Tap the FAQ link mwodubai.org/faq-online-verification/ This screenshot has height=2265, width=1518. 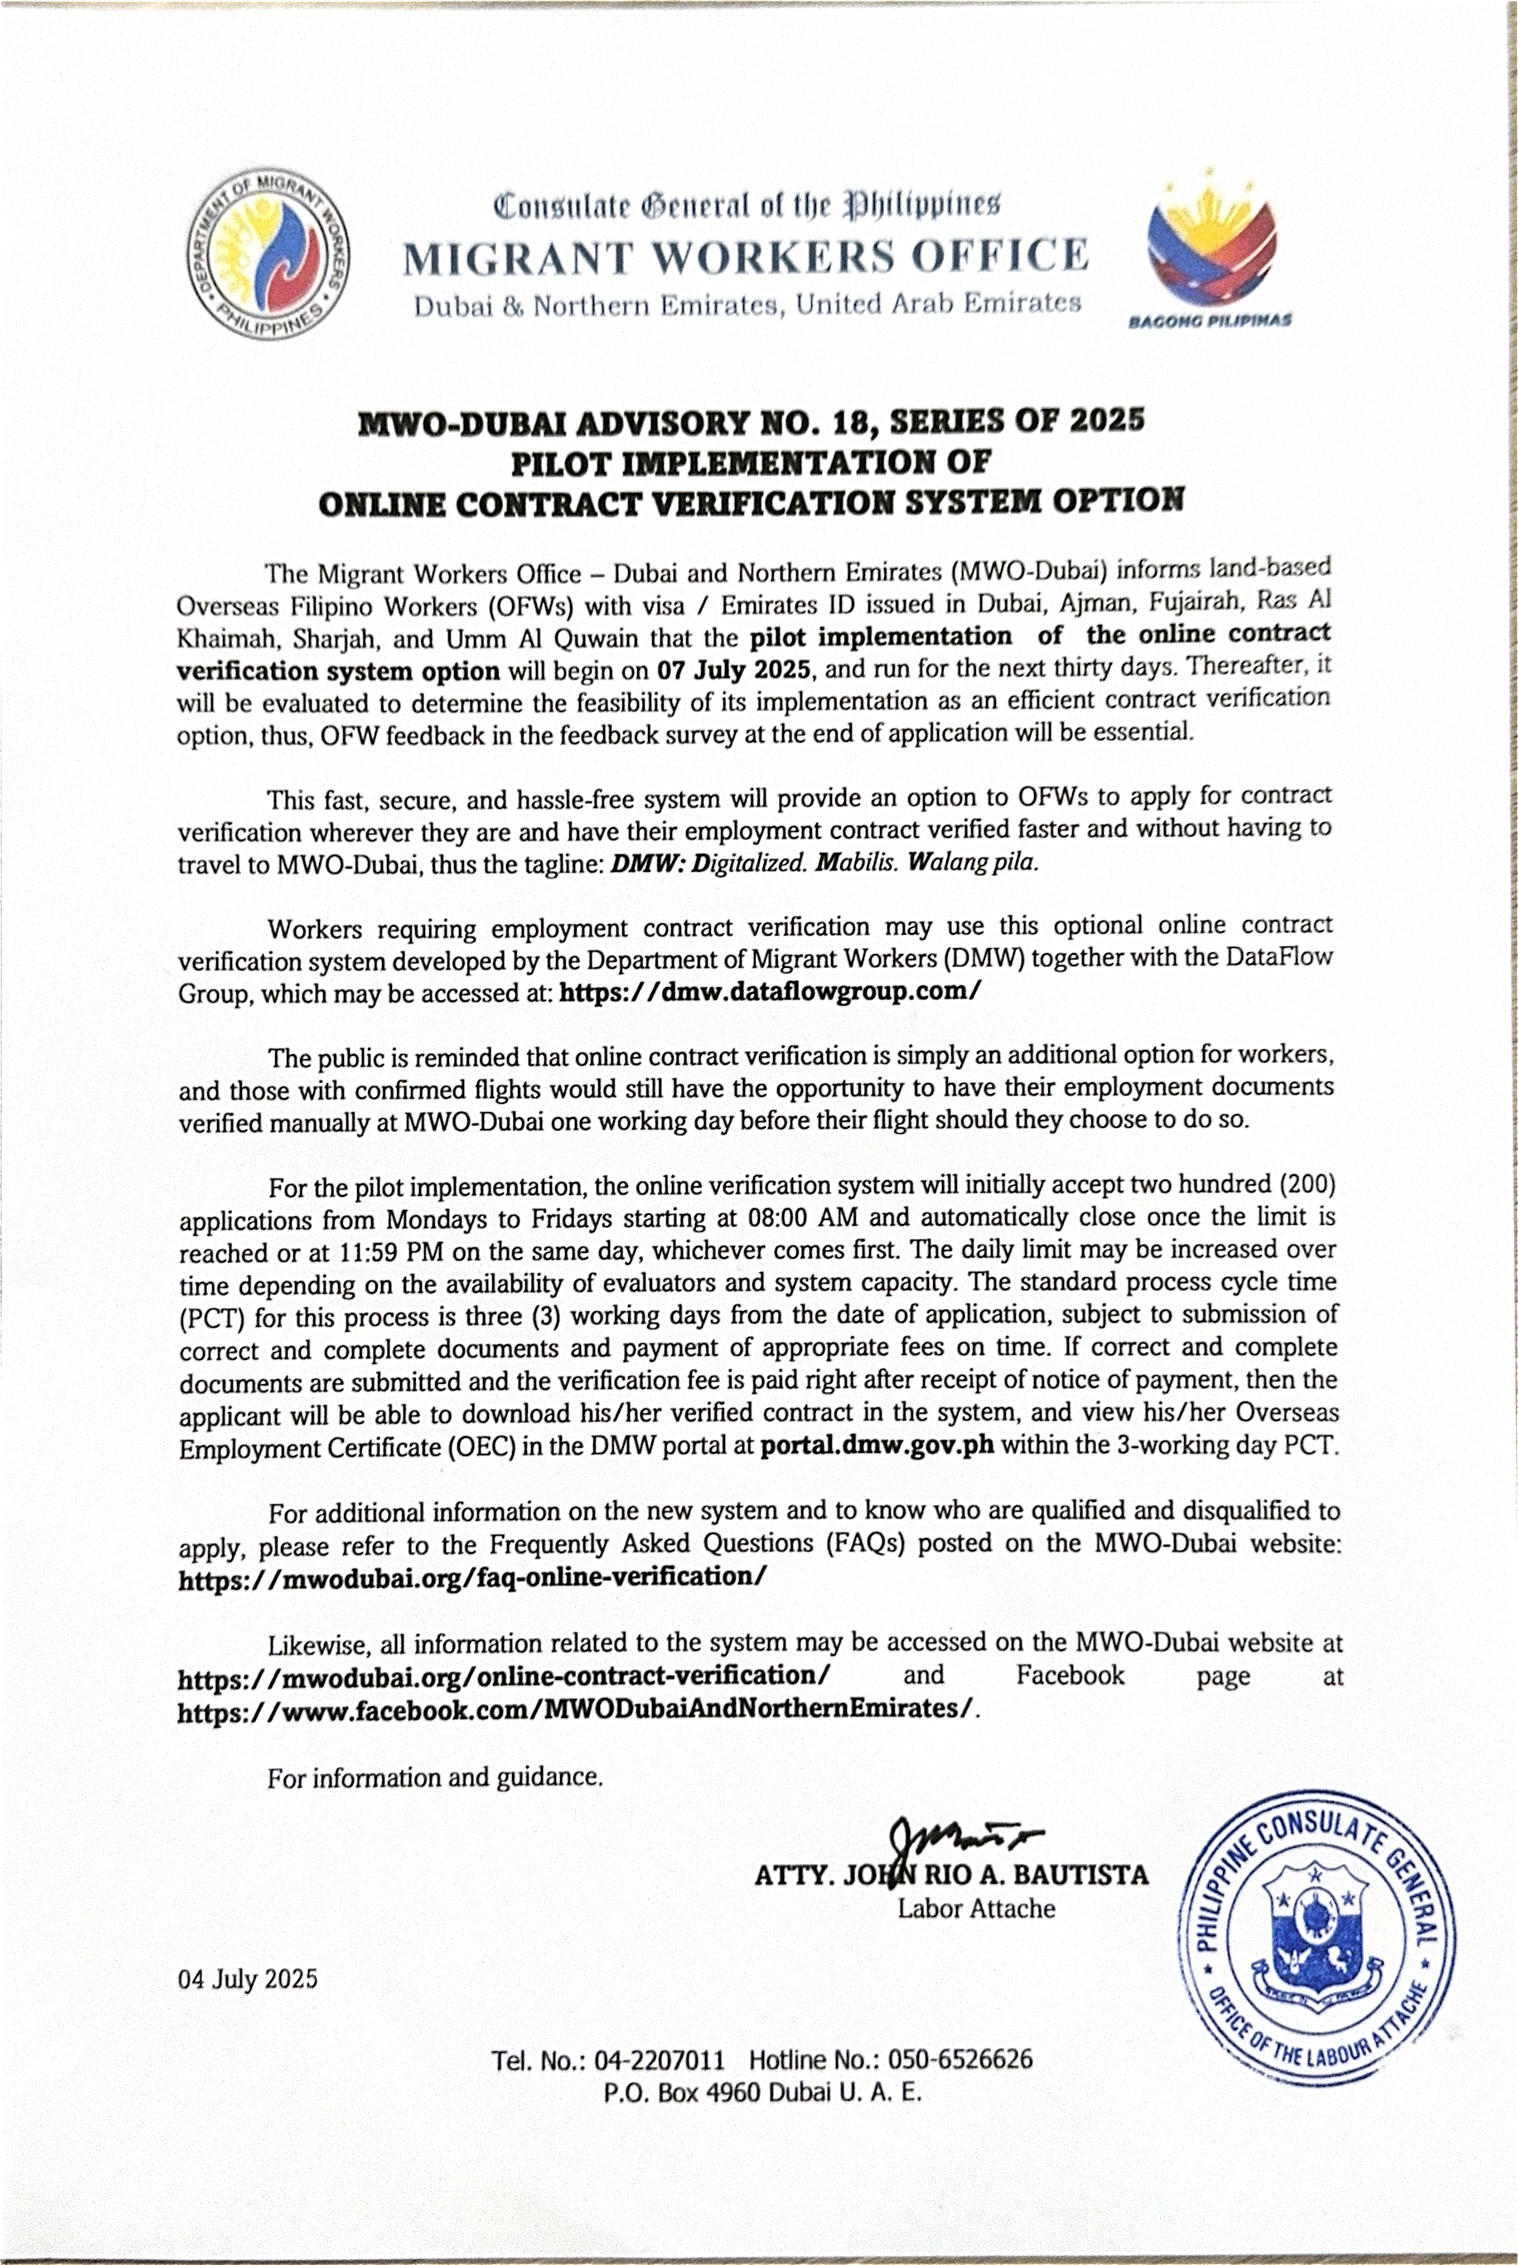click(x=472, y=1576)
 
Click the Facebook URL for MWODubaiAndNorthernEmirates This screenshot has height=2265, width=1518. click(x=575, y=1708)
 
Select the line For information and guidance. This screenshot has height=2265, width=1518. click(x=436, y=1777)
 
